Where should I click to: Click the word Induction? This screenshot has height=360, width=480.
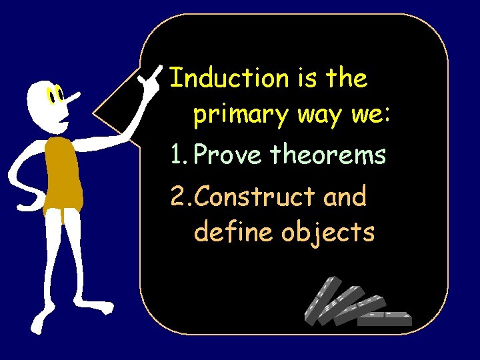227,79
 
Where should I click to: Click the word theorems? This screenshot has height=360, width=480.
328,156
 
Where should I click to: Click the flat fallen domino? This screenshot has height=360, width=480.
385,318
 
